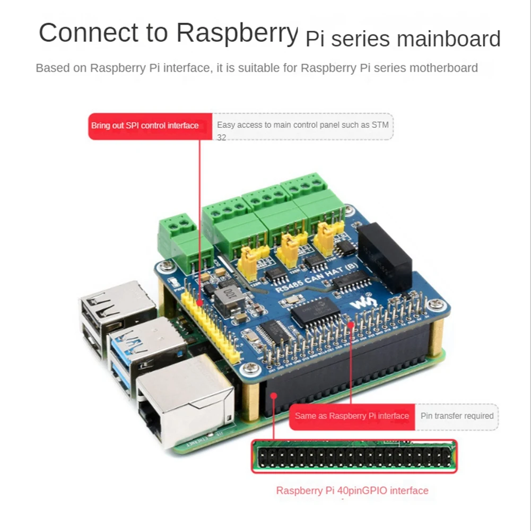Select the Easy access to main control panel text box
303,127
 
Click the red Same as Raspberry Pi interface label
352,416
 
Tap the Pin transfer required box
457,416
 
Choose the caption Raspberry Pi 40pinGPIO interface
352,491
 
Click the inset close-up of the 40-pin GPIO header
354,456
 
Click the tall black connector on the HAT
385,255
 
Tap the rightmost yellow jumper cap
324,239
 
